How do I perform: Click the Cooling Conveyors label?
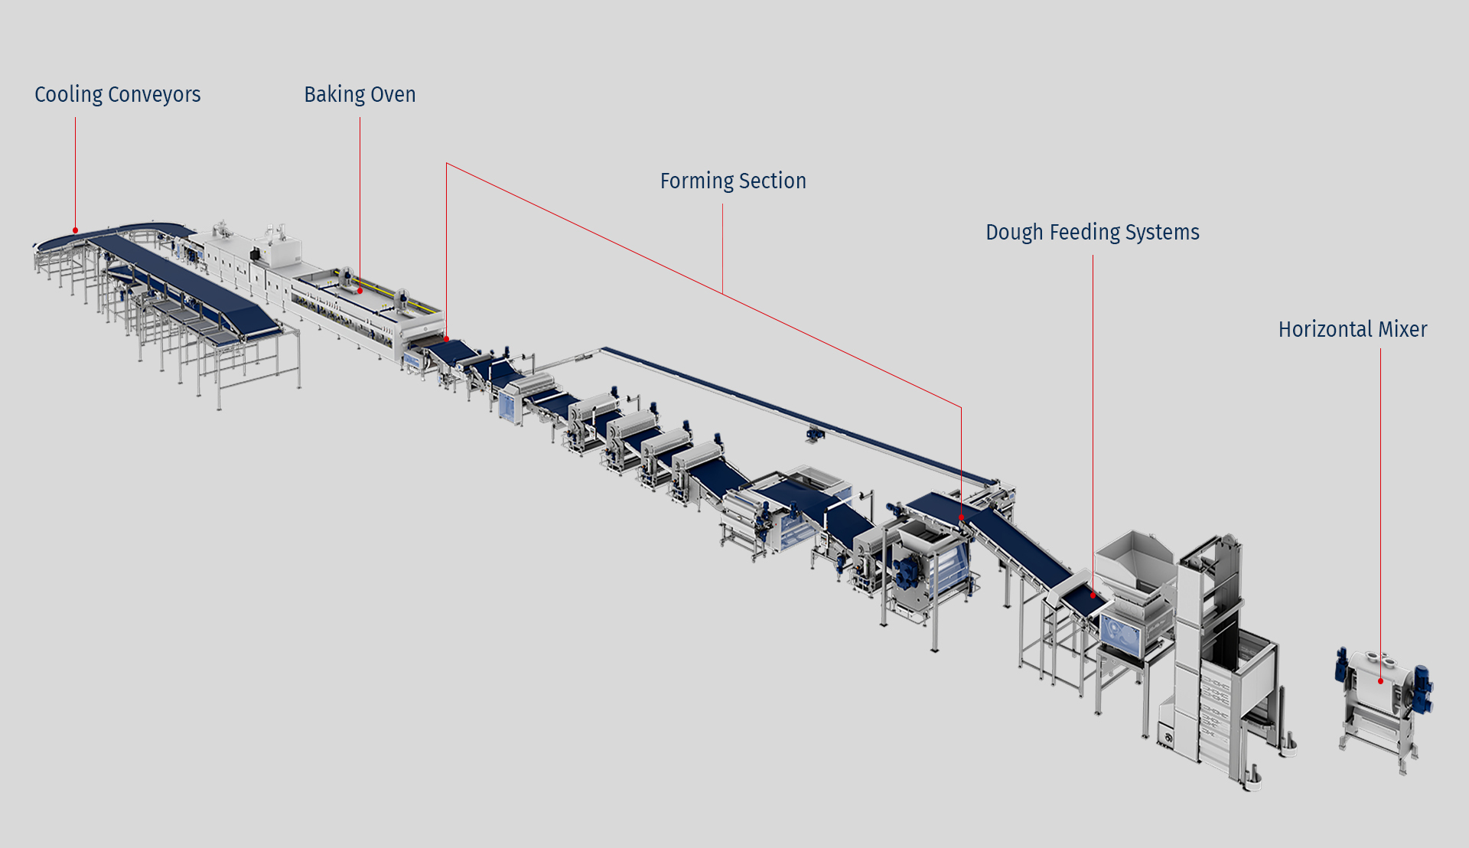[117, 94]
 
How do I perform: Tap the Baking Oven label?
[360, 94]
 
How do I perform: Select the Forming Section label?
[732, 181]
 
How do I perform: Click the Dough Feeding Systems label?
[1092, 232]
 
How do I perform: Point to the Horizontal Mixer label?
[1352, 329]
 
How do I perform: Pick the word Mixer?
[1402, 329]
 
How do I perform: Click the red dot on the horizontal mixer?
[1380, 680]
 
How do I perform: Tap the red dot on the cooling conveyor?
[75, 230]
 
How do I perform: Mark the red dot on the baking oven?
[360, 291]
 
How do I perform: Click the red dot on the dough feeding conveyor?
[1093, 595]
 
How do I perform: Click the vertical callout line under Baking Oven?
[360, 199]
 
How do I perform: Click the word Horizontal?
[1325, 329]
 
